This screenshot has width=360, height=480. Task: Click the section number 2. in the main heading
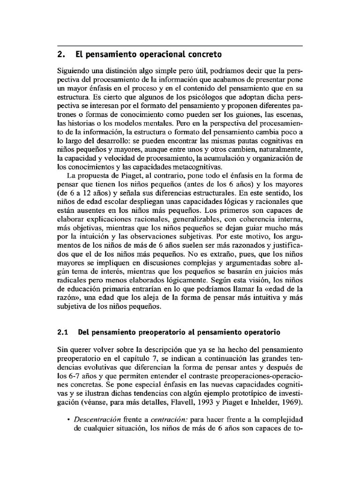click(x=60, y=54)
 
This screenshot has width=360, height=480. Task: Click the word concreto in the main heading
click(x=202, y=54)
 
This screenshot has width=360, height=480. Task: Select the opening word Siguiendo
click(x=74, y=71)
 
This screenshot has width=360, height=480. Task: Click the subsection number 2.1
click(x=63, y=333)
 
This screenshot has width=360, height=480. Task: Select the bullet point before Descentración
click(x=69, y=419)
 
